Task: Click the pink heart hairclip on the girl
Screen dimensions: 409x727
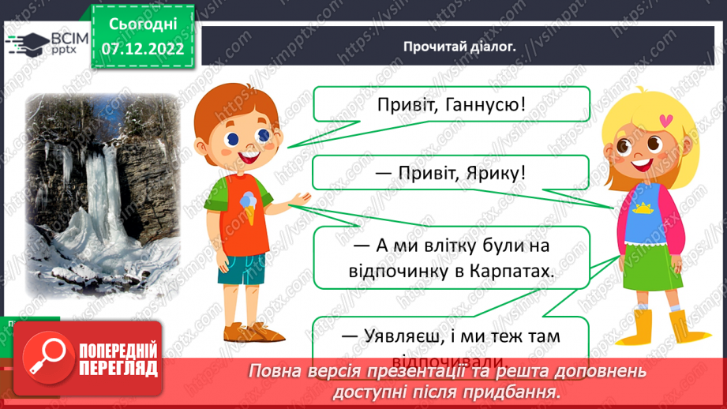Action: pyautogui.click(x=667, y=121)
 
